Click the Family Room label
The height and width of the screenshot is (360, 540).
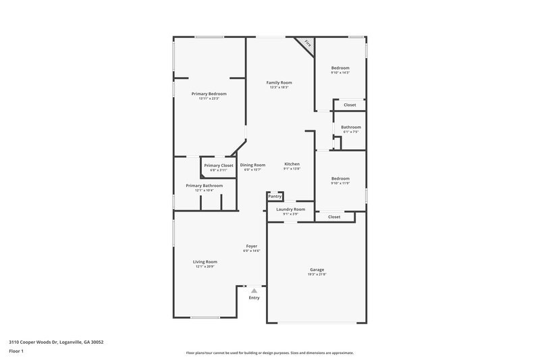[279, 82]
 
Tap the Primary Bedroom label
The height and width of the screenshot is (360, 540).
[209, 94]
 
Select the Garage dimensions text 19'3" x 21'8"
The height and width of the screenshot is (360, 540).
[317, 275]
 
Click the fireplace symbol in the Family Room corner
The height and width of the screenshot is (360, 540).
[308, 44]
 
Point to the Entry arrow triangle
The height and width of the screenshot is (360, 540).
[254, 290]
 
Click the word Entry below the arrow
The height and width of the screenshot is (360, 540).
[254, 298]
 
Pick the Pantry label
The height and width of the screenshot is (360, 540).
[274, 197]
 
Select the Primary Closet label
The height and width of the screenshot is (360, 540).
[219, 165]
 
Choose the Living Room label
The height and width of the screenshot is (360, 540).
[205, 261]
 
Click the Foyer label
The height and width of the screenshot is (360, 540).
[252, 246]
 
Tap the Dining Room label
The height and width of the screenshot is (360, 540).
[252, 165]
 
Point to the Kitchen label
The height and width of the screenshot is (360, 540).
[292, 164]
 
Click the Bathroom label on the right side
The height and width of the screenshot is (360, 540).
[350, 127]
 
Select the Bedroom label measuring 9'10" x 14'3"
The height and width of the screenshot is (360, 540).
[340, 68]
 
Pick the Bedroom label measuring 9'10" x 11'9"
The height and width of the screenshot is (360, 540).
[340, 178]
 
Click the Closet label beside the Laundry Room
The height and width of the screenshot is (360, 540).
[334, 217]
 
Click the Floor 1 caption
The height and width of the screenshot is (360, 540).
[16, 351]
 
